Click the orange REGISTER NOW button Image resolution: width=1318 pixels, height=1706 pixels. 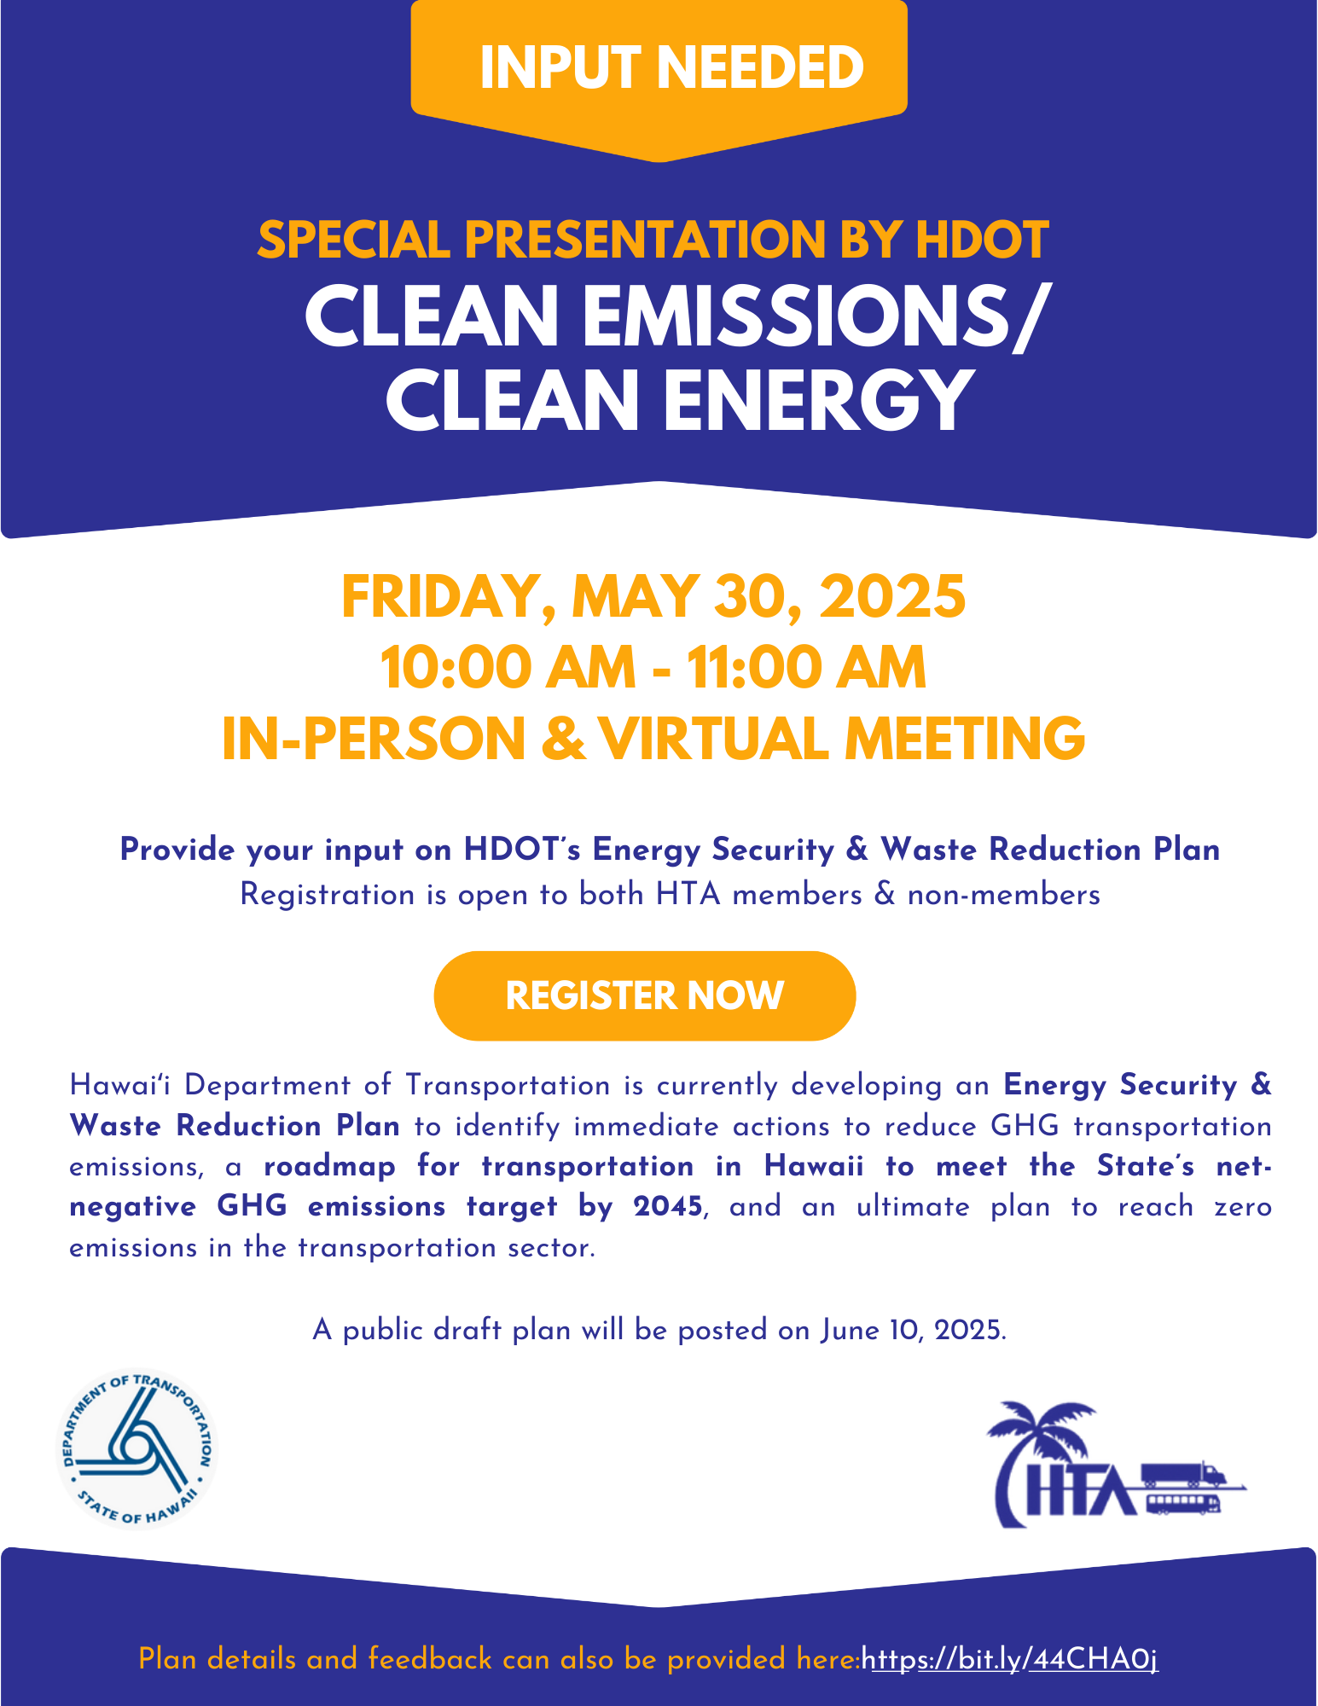[644, 995]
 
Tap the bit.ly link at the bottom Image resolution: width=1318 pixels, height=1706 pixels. [1010, 1659]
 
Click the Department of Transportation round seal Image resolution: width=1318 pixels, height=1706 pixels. [137, 1448]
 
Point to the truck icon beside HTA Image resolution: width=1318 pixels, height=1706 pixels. [1182, 1474]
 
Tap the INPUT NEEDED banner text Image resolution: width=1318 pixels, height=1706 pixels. [672, 67]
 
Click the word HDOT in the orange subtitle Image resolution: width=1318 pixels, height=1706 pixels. [982, 240]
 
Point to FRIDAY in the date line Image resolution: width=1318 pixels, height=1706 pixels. [443, 597]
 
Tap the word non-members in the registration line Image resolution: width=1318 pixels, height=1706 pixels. [1003, 895]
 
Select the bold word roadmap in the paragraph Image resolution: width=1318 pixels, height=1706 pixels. [330, 1167]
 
